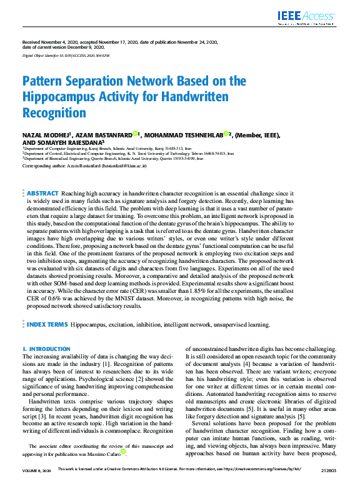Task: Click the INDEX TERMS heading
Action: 47,325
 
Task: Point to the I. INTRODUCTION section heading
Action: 46,348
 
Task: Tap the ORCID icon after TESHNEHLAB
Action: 226,134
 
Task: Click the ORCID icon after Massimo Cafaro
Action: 124,451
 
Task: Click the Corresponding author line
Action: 84,166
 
